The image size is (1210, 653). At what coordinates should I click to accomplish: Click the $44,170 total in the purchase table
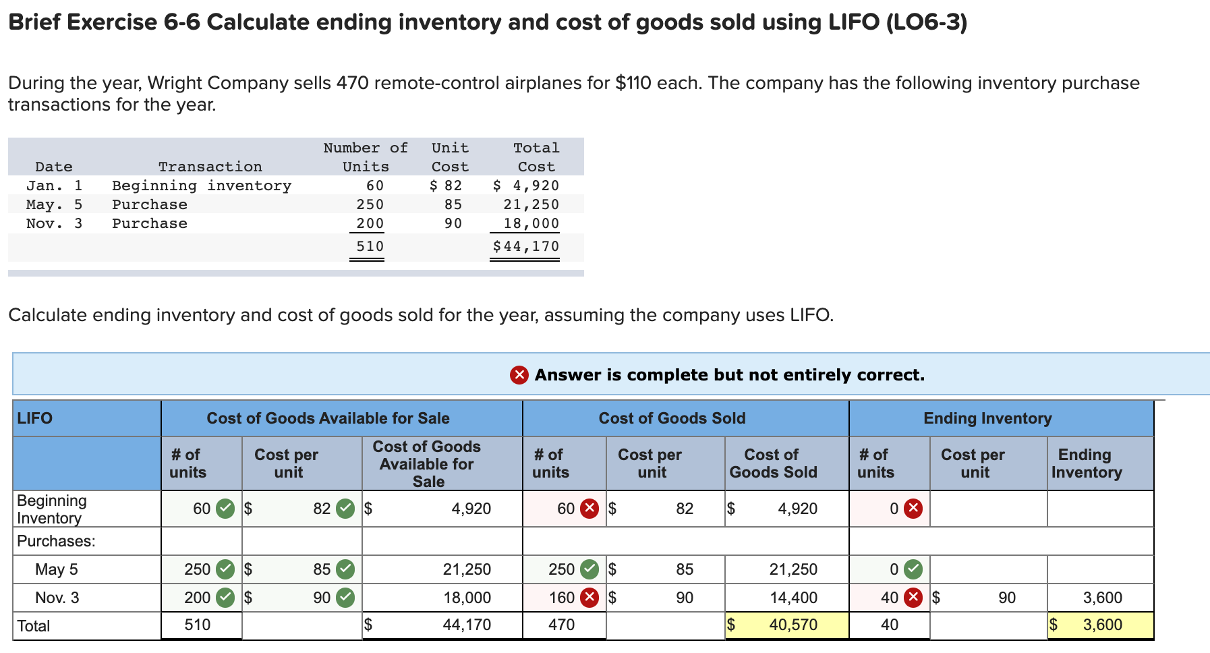tap(526, 246)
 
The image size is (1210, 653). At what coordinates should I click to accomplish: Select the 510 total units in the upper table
tap(370, 246)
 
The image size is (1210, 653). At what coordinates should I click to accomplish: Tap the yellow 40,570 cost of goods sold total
tap(793, 625)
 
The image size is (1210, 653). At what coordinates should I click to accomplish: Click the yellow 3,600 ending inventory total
tap(1102, 625)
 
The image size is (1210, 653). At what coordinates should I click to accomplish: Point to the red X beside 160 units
tap(589, 598)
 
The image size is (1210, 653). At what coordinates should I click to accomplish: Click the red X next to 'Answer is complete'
tap(519, 374)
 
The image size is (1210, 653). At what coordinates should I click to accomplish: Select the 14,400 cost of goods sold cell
tap(793, 598)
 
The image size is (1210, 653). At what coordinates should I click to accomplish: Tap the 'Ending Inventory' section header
tap(987, 418)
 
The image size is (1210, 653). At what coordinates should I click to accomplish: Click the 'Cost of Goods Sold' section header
tap(672, 418)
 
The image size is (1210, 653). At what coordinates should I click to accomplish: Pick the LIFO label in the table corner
tap(35, 418)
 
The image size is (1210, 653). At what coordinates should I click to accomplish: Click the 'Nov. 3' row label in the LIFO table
tap(57, 598)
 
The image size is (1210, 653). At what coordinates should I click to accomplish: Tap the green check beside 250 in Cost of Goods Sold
tap(589, 569)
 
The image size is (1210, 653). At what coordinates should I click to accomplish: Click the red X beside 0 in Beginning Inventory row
tap(913, 509)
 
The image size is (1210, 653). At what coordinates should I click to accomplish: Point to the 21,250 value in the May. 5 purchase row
tap(531, 204)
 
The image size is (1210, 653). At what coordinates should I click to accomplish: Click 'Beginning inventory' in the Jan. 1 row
tap(201, 186)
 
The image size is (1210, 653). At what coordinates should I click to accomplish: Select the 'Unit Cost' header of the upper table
tap(450, 157)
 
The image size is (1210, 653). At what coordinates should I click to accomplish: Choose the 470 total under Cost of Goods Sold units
tap(561, 625)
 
